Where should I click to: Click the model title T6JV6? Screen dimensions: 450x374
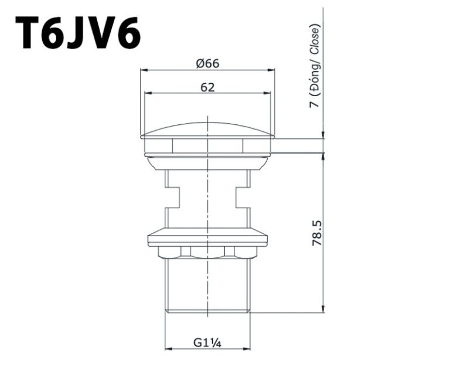coord(78,32)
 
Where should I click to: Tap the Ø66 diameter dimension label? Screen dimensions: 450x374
coord(207,63)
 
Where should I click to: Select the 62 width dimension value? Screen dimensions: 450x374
coord(207,87)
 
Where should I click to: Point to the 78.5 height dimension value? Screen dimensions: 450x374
coord(317,233)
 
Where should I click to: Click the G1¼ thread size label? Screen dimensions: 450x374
coord(207,343)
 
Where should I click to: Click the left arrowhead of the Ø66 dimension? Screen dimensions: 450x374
coord(144,70)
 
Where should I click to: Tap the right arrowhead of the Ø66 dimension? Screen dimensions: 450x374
coord(271,70)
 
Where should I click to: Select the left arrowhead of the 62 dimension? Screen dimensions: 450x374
coord(148,93)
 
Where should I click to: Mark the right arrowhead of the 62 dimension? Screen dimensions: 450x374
coord(267,93)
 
